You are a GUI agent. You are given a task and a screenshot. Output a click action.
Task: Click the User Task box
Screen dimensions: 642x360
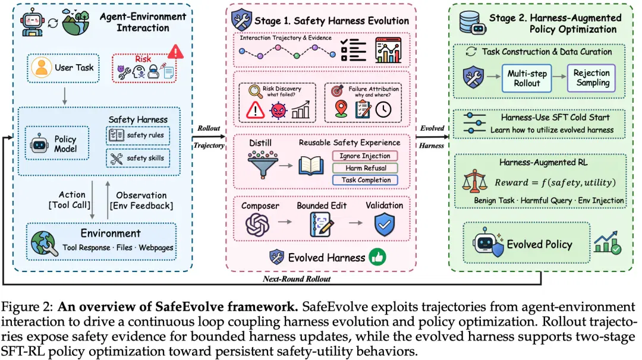[63, 68]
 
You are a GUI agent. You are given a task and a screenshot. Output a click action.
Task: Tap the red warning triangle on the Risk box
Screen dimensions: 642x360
[175, 52]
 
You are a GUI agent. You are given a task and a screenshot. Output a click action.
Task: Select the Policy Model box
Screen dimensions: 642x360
[57, 143]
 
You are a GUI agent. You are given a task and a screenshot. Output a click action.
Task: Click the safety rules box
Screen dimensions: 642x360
[138, 135]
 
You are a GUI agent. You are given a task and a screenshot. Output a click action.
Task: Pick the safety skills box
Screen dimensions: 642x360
[138, 159]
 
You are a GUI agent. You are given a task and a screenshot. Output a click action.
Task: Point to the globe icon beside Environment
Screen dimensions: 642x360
[44, 243]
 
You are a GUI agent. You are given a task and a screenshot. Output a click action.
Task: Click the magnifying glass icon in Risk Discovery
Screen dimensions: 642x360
[255, 91]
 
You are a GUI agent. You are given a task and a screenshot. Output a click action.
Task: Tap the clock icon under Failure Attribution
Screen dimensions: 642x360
[383, 110]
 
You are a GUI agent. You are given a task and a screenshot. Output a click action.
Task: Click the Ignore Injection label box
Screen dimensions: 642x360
[365, 156]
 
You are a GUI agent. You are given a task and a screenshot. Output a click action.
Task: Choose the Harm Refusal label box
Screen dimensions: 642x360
[365, 168]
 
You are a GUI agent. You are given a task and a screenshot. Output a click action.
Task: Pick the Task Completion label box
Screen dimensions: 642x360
[365, 180]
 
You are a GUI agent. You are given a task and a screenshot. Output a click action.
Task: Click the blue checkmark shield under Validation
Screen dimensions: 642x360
[385, 225]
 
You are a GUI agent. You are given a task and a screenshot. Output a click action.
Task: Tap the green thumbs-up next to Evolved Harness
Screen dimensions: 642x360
[377, 257]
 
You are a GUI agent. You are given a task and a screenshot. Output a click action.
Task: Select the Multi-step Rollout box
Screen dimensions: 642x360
[527, 78]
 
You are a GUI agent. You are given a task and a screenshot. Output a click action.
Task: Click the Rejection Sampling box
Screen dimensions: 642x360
[591, 78]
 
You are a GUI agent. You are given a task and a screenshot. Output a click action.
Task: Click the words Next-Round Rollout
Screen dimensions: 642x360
[297, 279]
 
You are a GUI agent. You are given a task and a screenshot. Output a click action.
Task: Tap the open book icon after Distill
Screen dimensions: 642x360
[311, 166]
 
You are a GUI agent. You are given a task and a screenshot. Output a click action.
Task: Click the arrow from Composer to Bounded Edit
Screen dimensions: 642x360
[285, 222]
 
